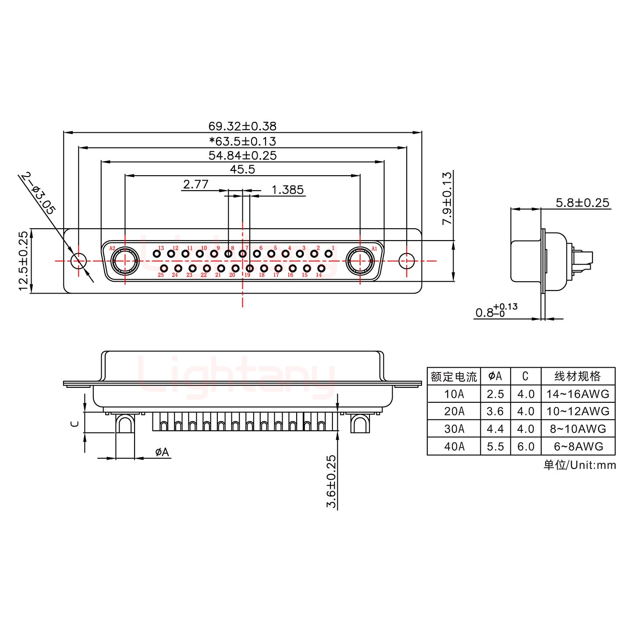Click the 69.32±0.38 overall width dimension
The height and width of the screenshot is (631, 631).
[x=242, y=126]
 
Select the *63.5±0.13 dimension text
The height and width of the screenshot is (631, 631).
[x=242, y=141]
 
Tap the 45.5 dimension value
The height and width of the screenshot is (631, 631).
[x=242, y=169]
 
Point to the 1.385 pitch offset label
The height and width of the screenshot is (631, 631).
[x=287, y=190]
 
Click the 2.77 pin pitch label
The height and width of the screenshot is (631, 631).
[x=195, y=184]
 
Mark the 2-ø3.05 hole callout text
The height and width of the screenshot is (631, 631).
[x=39, y=193]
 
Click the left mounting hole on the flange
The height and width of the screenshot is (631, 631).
[x=79, y=261]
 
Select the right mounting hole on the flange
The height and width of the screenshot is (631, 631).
[x=407, y=261]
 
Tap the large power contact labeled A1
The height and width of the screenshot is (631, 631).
[x=360, y=261]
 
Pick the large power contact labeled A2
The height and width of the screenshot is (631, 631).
[x=125, y=261]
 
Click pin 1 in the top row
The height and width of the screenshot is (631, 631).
[x=328, y=254]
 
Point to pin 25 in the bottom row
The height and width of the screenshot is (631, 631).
[x=164, y=268]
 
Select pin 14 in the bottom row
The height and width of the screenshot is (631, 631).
[x=321, y=268]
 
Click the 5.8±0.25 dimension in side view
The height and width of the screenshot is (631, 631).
[x=582, y=202]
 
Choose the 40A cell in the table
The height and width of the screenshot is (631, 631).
[x=454, y=447]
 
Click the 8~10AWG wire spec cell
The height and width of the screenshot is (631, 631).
[x=578, y=429]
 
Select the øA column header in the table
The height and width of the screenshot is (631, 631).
[x=495, y=376]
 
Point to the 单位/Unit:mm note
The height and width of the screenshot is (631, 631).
[x=579, y=465]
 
